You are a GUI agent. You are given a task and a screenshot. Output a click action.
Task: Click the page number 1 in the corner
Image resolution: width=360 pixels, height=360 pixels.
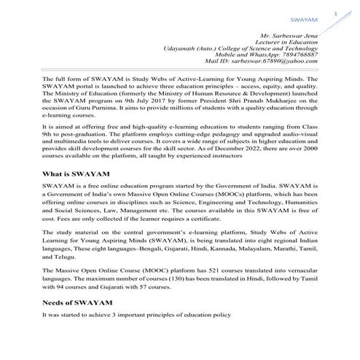tap(336, 12)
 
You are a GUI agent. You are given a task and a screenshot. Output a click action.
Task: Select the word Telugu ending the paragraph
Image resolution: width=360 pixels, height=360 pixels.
tap(53, 257)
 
